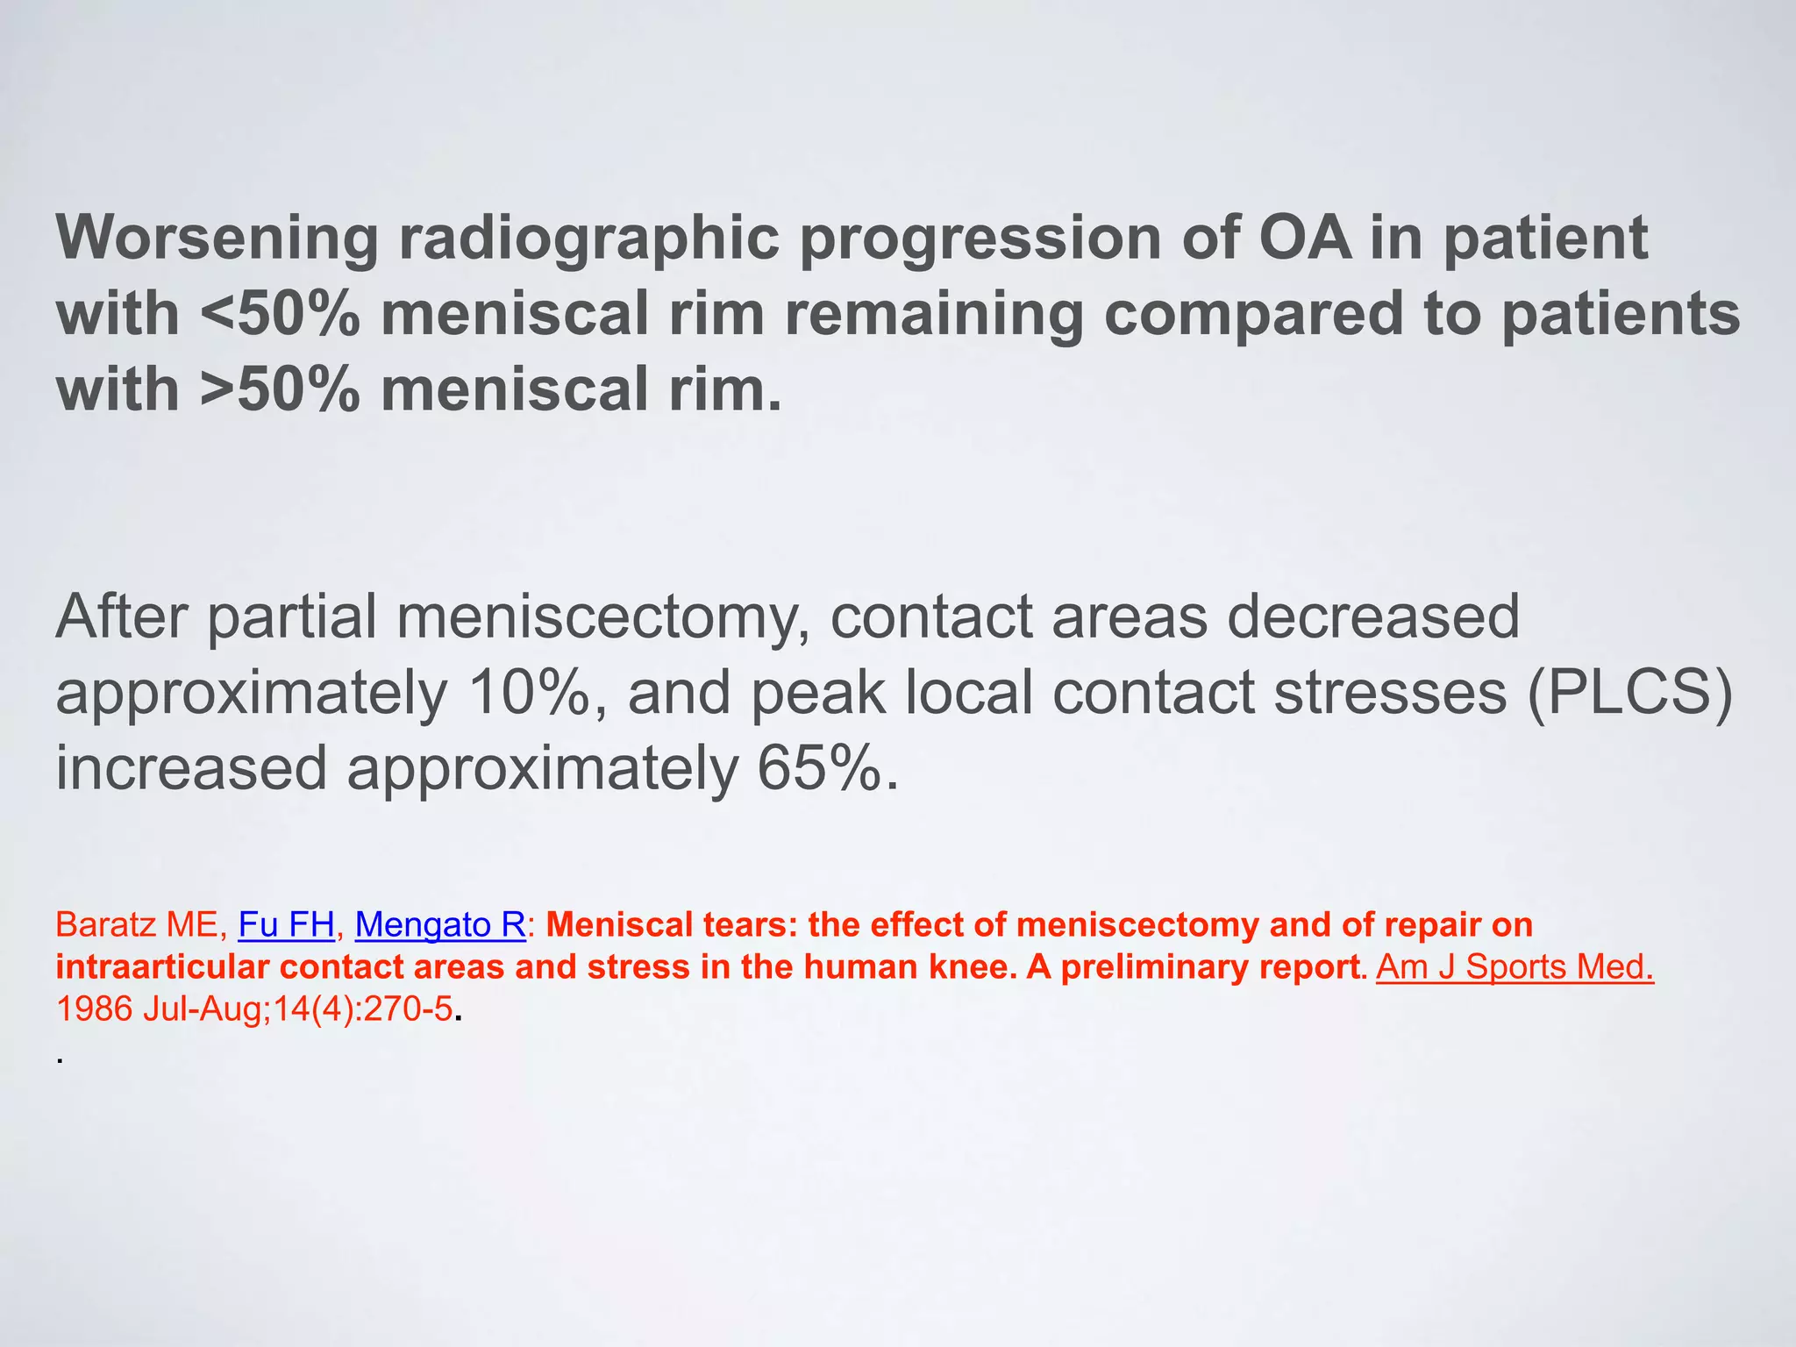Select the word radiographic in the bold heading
pos(588,239)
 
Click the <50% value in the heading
pos(280,315)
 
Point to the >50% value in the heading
pos(280,390)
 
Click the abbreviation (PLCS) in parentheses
pos(1629,693)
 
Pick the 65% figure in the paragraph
pos(819,768)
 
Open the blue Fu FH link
pos(286,925)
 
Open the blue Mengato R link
pos(439,925)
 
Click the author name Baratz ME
pos(136,925)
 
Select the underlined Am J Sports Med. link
pos(1514,967)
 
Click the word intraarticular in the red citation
pos(162,967)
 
